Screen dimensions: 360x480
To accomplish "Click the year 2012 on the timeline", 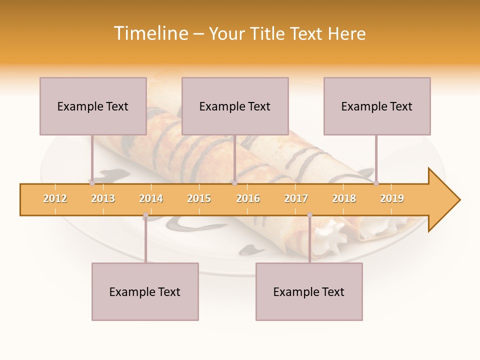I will (x=55, y=198).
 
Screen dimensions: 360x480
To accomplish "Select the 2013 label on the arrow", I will (x=103, y=198).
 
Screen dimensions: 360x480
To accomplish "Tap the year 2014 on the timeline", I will (x=151, y=198).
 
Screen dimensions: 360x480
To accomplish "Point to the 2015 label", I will (x=199, y=198).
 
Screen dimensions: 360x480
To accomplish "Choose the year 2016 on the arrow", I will (x=248, y=198).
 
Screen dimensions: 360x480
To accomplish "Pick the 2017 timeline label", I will (x=296, y=198).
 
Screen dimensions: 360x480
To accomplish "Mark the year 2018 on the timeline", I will (x=344, y=198).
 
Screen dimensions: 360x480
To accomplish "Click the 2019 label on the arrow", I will (x=392, y=198).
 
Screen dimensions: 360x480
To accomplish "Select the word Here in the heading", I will (x=347, y=33).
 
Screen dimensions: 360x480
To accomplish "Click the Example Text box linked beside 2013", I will (x=93, y=106).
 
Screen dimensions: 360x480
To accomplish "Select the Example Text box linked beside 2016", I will (x=235, y=106).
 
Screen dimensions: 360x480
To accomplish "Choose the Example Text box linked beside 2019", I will (x=377, y=106).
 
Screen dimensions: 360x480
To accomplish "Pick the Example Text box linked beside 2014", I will (x=145, y=291).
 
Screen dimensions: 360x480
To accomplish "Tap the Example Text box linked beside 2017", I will (x=309, y=291).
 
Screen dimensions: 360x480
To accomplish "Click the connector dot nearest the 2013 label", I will (x=92, y=183).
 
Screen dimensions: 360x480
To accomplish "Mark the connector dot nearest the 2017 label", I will (x=309, y=215).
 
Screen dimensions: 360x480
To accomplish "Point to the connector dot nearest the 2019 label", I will (x=376, y=183).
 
